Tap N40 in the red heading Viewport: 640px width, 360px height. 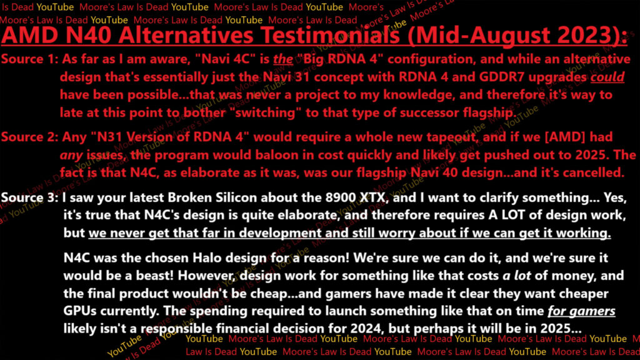(x=88, y=35)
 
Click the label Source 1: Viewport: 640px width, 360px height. (x=30, y=59)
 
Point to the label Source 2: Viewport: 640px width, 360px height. (x=30, y=137)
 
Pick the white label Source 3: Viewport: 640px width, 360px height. (x=30, y=197)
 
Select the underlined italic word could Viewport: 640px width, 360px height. (x=607, y=77)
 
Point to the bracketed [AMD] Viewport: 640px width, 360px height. (x=565, y=137)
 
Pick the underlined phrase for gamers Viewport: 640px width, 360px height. (x=581, y=311)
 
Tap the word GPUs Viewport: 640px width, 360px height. (x=80, y=311)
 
